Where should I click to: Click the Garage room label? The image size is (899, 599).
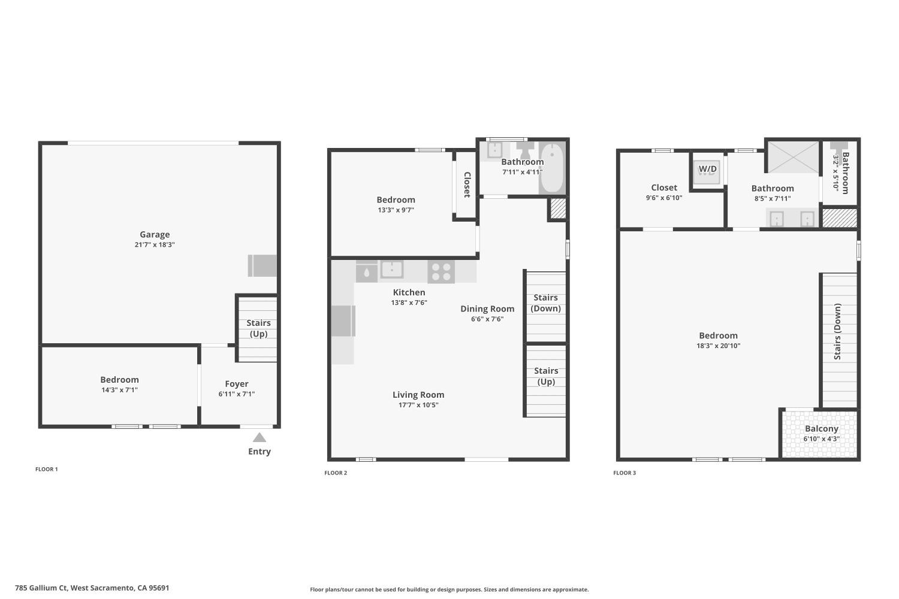coord(155,235)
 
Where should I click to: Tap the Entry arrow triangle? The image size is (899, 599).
coord(259,438)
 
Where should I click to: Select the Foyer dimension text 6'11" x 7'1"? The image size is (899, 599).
coord(237,394)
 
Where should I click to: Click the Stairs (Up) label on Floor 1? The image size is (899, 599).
coord(258,328)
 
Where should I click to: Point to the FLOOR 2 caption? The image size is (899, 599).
coord(336,473)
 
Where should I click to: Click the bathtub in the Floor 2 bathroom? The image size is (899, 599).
coord(552,167)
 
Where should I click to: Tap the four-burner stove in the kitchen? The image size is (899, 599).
coord(441,271)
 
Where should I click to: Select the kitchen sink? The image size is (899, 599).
coord(391,270)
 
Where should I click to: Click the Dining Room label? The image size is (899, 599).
coord(487,309)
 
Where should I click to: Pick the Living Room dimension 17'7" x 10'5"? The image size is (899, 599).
coord(418,405)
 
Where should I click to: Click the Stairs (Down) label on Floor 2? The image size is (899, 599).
coord(545,303)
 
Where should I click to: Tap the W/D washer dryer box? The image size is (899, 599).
coord(707,170)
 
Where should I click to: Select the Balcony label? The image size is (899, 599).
coord(821,429)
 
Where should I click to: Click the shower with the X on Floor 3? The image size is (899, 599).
coord(792,158)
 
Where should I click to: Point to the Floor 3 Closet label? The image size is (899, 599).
coord(664,188)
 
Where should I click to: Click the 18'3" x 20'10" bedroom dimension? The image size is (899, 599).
coord(718,346)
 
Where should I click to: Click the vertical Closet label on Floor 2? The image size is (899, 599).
coord(466,184)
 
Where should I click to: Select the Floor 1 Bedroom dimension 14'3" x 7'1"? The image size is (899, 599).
coord(119,390)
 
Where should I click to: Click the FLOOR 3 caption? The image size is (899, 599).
coord(625,473)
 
